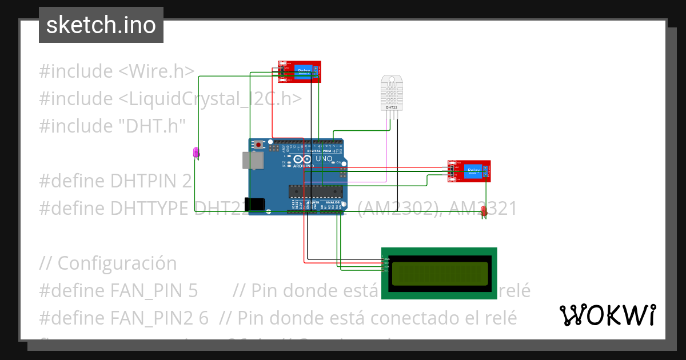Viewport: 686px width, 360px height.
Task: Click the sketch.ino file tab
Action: (101, 25)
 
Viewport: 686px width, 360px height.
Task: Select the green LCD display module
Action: (439, 273)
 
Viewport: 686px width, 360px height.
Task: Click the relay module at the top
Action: (300, 72)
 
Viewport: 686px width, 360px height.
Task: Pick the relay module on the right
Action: (469, 171)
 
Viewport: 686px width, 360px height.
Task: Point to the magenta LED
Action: (196, 153)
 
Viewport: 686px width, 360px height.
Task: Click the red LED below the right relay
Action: (484, 211)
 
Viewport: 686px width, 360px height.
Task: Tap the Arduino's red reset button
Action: (258, 145)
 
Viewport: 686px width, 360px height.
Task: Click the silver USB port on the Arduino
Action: (253, 161)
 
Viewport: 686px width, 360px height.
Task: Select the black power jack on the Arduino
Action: (257, 204)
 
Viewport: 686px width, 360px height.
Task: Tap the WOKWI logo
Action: (607, 315)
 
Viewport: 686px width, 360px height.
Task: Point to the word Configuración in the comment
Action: (117, 263)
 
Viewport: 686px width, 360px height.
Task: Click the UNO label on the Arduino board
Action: (324, 158)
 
